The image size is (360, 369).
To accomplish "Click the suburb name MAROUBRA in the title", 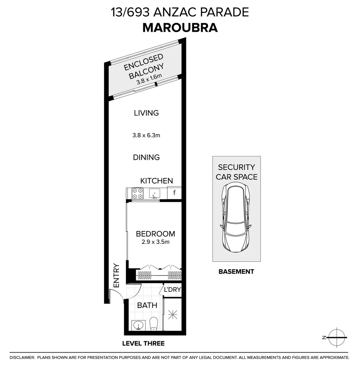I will coord(180,27).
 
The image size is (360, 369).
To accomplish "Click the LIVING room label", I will coord(146,113).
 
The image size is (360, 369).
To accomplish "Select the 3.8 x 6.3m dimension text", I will coord(146,135).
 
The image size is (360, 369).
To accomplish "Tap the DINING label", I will coord(146,158).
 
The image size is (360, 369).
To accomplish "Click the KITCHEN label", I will coord(157,181).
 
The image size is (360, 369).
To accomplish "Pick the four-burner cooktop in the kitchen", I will coord(137,193).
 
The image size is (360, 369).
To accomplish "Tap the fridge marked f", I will coord(174,193).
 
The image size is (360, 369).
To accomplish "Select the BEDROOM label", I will coord(156,234).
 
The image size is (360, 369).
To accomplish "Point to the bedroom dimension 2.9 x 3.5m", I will coord(156,242).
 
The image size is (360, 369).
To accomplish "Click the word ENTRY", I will coord(116,275).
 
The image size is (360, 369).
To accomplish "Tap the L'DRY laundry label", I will coord(172,290).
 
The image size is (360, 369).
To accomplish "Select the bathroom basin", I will coord(138,325).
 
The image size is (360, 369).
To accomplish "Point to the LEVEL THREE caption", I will coord(144,343).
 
